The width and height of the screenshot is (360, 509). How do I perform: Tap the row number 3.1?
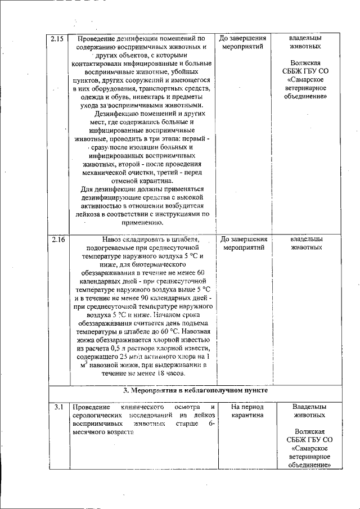pos(56,407)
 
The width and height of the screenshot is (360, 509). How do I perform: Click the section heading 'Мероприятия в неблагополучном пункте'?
pos(195,390)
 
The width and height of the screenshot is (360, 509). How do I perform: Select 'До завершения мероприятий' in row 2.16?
pos(243,244)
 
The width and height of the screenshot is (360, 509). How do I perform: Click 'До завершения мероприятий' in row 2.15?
pos(243,43)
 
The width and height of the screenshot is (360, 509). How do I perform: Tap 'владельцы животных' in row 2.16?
pos(307,244)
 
